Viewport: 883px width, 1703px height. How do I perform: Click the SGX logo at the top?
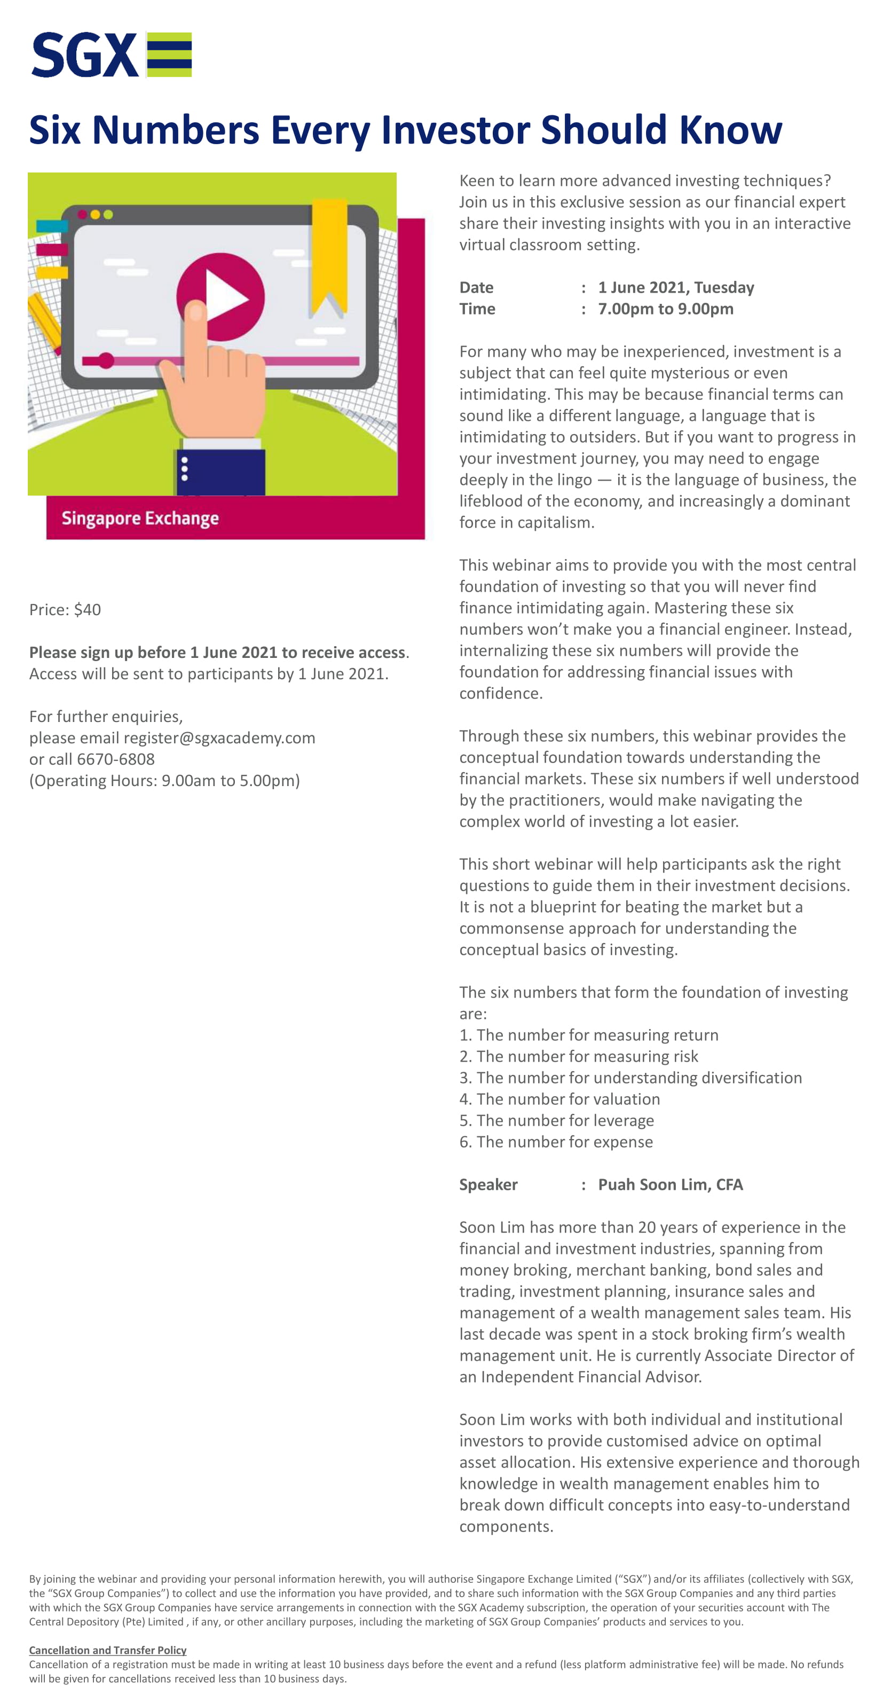point(111,55)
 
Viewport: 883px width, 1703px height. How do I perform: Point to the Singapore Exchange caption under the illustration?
point(140,519)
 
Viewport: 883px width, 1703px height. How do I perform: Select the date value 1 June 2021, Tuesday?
point(675,288)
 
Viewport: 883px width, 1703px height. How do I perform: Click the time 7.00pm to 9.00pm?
point(666,309)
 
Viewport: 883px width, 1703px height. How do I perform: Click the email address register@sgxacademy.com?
point(219,738)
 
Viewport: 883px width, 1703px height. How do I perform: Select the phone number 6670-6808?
point(116,759)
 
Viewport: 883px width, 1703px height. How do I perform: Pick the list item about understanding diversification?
point(630,1078)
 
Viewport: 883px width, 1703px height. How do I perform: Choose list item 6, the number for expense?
point(556,1142)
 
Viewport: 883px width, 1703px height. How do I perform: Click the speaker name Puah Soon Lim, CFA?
point(670,1184)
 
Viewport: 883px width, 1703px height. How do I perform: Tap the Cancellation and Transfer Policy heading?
point(108,1650)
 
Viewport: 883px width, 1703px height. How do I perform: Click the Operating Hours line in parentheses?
point(164,781)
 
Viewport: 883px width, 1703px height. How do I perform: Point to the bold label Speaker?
point(488,1184)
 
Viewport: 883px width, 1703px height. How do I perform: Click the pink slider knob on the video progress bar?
point(106,360)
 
